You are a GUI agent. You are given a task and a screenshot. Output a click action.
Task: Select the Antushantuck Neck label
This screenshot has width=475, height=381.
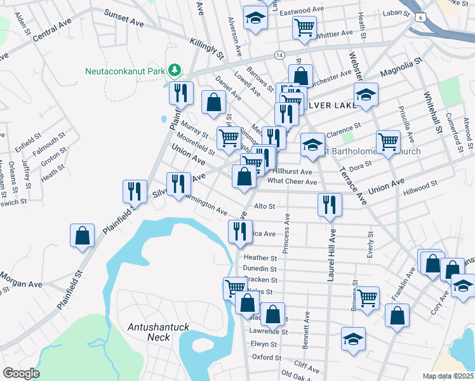tap(159, 331)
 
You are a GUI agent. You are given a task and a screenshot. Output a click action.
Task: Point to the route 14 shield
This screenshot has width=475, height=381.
tap(279, 55)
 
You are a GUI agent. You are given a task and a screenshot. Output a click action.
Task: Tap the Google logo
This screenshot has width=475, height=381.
tap(21, 373)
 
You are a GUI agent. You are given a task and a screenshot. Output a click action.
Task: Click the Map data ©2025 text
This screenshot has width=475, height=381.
tap(448, 376)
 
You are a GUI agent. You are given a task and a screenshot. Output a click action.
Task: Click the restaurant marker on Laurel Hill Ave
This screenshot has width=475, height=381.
tap(330, 204)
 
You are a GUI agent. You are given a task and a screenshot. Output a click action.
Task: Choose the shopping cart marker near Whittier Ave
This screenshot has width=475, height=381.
tap(304, 27)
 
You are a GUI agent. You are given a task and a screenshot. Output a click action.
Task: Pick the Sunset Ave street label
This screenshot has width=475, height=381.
tap(124, 17)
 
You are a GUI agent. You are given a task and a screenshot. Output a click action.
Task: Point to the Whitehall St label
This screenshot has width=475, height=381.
tap(434, 114)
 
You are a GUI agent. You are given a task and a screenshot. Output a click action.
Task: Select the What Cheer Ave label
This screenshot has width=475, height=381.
tap(292, 182)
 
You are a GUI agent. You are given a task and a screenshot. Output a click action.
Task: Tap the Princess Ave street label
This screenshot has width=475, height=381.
tap(287, 232)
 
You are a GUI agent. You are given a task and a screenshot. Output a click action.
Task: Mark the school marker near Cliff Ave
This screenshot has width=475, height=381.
tap(353, 340)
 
